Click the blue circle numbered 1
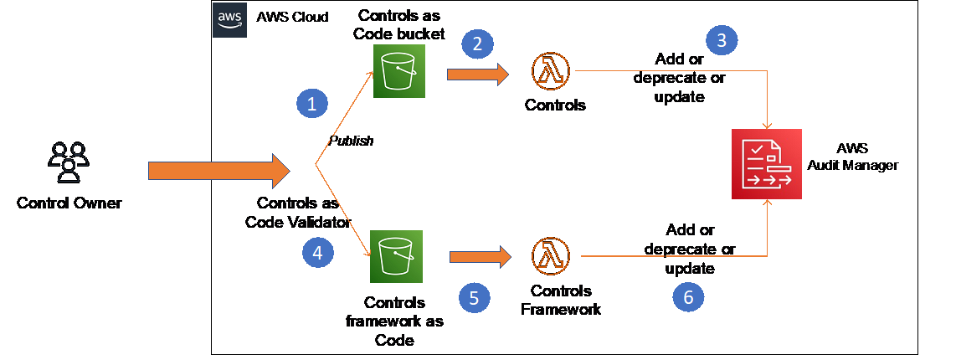tap(312, 104)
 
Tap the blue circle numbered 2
tap(477, 44)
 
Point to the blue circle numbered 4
tap(317, 252)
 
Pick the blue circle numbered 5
tap(474, 297)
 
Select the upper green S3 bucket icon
tap(400, 71)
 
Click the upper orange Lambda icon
tap(550, 71)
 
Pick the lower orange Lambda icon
tap(551, 256)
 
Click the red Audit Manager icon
tap(766, 164)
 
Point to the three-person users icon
tap(68, 161)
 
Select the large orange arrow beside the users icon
tap(218, 171)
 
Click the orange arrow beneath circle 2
tap(478, 75)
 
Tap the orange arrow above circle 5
tap(480, 257)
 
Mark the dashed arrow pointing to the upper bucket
tap(345, 117)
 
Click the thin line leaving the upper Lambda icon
tap(670, 71)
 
